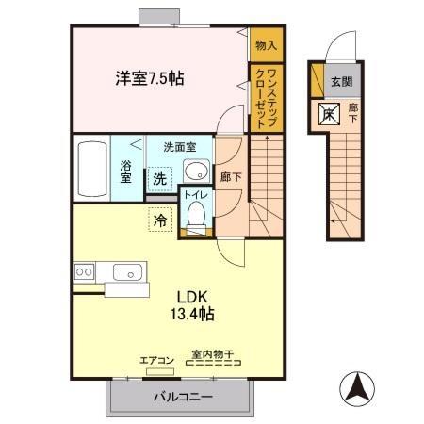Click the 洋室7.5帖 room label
(x=150, y=78)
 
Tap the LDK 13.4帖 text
(x=192, y=305)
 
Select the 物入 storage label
(x=267, y=45)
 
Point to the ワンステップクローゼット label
(x=267, y=98)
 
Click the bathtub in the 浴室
(x=92, y=169)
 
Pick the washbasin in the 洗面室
(x=196, y=171)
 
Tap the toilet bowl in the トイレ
(x=196, y=215)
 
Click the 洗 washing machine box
(x=160, y=179)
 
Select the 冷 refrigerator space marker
(x=160, y=220)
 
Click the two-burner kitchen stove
(x=84, y=271)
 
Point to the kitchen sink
(x=127, y=272)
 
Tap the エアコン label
(x=156, y=361)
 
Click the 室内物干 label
(x=213, y=355)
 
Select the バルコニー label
(x=183, y=397)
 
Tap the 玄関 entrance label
(x=342, y=82)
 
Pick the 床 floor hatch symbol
(x=329, y=114)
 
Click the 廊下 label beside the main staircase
(x=231, y=177)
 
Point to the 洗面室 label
(x=180, y=147)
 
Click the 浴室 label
(x=125, y=171)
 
